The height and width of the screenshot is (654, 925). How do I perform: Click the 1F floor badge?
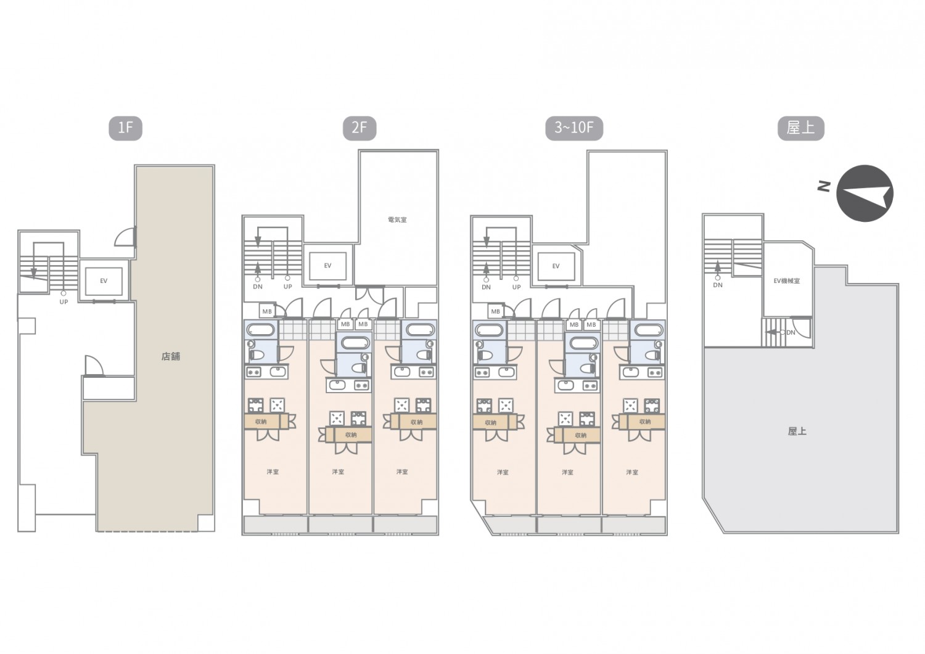pyautogui.click(x=126, y=128)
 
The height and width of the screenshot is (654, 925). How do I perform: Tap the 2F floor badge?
pyautogui.click(x=360, y=128)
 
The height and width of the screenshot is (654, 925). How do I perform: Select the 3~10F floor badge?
pyautogui.click(x=574, y=128)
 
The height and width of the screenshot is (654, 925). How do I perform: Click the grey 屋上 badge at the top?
pyautogui.click(x=800, y=128)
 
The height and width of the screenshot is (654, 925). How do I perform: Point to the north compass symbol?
pyautogui.click(x=865, y=193)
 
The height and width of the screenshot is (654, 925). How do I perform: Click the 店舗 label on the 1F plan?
pyautogui.click(x=171, y=356)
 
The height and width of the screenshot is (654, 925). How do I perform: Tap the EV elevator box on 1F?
pyautogui.click(x=104, y=280)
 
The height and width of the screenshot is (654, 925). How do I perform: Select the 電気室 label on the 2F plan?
pyautogui.click(x=397, y=220)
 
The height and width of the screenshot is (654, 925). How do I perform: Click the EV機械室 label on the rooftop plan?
pyautogui.click(x=787, y=280)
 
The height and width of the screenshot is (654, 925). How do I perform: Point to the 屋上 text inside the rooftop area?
pyautogui.click(x=797, y=431)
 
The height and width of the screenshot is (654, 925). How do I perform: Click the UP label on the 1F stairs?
pyautogui.click(x=64, y=302)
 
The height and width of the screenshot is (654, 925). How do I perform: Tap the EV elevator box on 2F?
pyautogui.click(x=328, y=266)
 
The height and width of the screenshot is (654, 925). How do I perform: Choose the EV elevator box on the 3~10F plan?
pyautogui.click(x=556, y=266)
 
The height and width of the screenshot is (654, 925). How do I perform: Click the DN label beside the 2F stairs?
pyautogui.click(x=258, y=287)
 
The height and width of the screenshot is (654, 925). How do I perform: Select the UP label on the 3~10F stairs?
pyautogui.click(x=517, y=287)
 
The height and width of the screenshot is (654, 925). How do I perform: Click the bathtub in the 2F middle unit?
pyautogui.click(x=354, y=343)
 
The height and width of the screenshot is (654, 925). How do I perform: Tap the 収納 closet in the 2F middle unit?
pyautogui.click(x=349, y=435)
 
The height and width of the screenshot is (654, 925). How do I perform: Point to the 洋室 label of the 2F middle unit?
pyautogui.click(x=338, y=472)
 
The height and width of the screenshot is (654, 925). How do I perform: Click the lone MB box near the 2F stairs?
pyautogui.click(x=267, y=311)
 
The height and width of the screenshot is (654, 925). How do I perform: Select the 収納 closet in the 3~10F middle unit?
pyautogui.click(x=577, y=435)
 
